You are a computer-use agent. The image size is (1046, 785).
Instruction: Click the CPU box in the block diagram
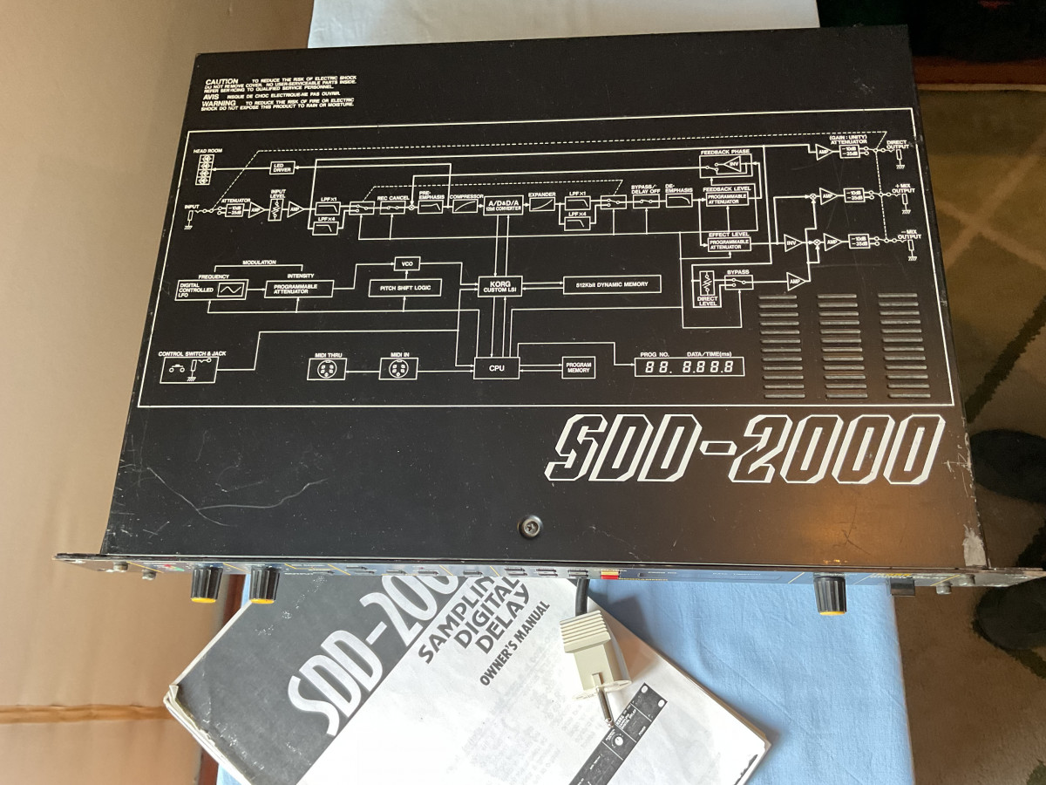(x=496, y=368)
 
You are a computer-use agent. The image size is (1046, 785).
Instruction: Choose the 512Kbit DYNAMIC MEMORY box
(x=612, y=284)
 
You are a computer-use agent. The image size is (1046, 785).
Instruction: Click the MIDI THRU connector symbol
(x=327, y=370)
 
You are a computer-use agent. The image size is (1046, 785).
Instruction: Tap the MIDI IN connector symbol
(x=397, y=370)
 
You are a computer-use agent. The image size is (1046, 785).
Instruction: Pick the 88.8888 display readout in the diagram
(x=689, y=367)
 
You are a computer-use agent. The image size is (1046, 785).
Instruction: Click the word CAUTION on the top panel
(x=221, y=81)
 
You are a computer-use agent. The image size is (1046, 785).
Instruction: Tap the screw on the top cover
(x=528, y=526)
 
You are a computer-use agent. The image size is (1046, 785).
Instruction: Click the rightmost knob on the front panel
(x=830, y=596)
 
